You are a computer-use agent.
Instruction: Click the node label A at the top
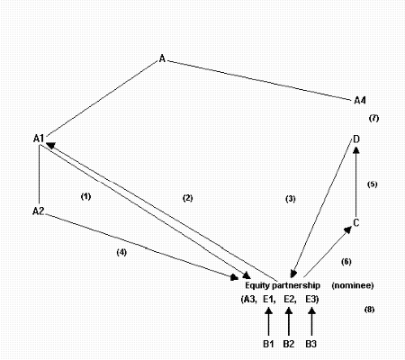point(162,58)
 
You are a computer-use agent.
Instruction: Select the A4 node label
point(360,100)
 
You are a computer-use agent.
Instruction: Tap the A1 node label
point(39,139)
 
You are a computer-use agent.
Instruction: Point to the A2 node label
point(38,211)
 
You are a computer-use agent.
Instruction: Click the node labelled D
point(356,139)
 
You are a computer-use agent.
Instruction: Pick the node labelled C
point(356,223)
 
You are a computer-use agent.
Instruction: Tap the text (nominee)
point(353,285)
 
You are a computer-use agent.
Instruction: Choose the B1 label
point(268,344)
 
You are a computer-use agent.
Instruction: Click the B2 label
point(289,344)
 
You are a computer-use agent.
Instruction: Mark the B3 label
point(311,344)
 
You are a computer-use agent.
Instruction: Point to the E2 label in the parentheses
point(290,299)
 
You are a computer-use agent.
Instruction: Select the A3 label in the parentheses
point(249,300)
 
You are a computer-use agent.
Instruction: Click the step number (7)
point(373,118)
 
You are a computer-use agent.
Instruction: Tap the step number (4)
point(121,252)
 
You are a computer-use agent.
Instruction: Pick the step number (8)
point(369,310)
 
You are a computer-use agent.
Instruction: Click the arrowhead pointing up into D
point(356,149)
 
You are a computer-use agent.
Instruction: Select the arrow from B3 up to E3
point(312,321)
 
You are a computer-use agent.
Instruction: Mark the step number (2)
point(188,198)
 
